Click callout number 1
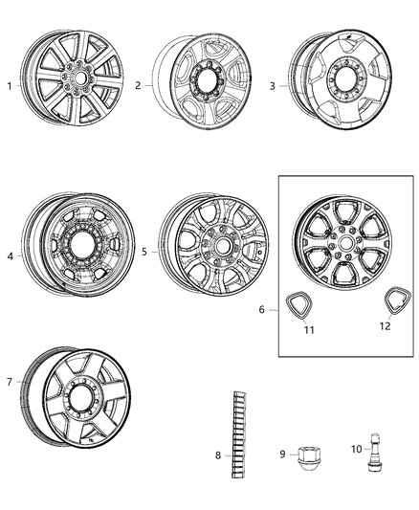click(11, 86)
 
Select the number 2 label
click(138, 86)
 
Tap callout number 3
click(272, 86)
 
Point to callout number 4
click(11, 255)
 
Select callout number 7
click(11, 383)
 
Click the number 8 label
click(218, 455)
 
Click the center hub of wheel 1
click(77, 74)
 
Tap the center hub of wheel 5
click(222, 246)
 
